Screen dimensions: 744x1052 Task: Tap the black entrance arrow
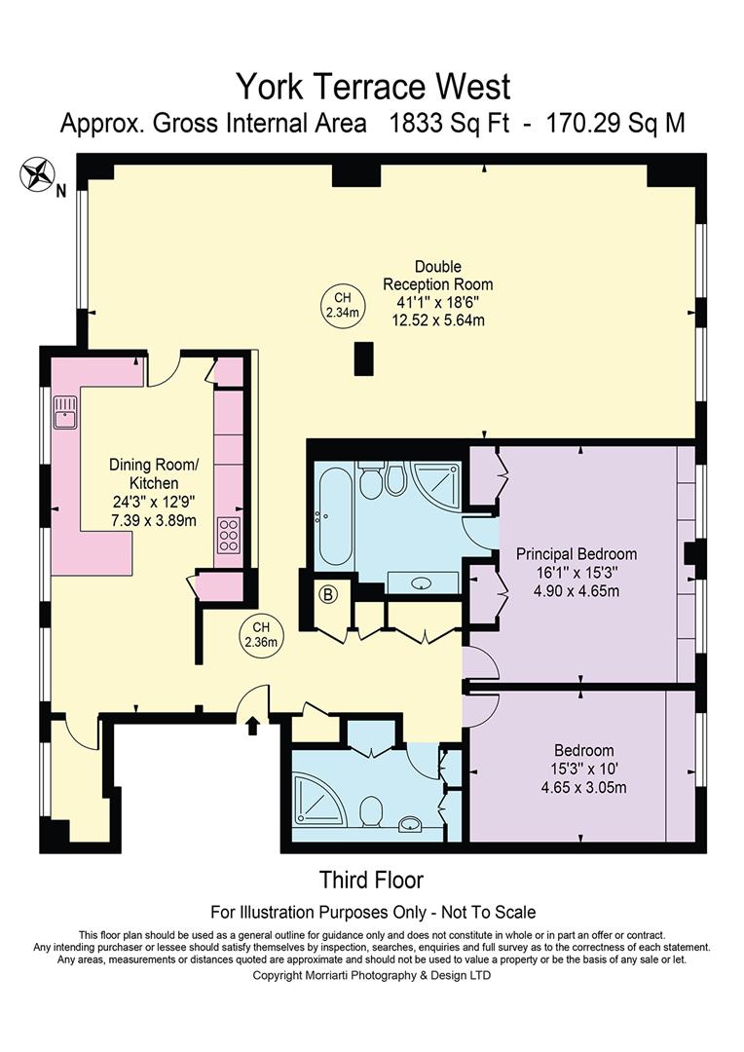pyautogui.click(x=253, y=726)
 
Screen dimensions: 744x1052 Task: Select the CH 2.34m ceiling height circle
pyautogui.click(x=342, y=305)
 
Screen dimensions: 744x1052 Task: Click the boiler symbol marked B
pyautogui.click(x=329, y=594)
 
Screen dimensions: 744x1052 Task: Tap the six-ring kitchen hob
pyautogui.click(x=228, y=536)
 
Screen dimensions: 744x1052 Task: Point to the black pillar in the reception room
pyautogui.click(x=363, y=358)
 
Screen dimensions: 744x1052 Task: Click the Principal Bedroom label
pyautogui.click(x=577, y=554)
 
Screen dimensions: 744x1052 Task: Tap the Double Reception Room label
pyautogui.click(x=437, y=275)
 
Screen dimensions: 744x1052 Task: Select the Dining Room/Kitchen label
pyautogui.click(x=154, y=473)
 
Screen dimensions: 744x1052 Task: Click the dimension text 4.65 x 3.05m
pyautogui.click(x=583, y=787)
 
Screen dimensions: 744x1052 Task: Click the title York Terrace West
pyautogui.click(x=373, y=87)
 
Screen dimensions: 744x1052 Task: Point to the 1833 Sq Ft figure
pyautogui.click(x=450, y=124)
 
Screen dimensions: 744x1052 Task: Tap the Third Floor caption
pyautogui.click(x=372, y=880)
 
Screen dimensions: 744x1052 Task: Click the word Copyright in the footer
pyautogui.click(x=278, y=976)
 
